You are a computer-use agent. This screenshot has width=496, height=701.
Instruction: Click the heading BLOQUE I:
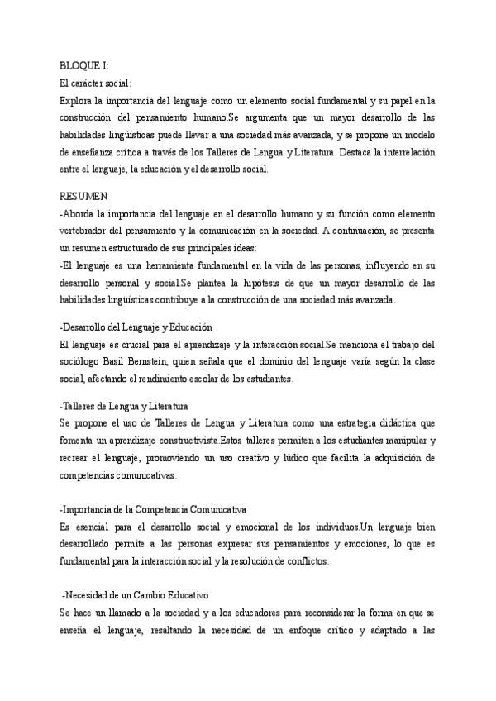pos(84,66)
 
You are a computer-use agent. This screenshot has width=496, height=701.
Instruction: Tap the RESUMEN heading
pos(84,196)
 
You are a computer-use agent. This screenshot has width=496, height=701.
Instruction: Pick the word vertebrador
pos(88,231)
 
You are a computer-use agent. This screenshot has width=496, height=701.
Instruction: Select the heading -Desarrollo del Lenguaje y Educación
pos(137,327)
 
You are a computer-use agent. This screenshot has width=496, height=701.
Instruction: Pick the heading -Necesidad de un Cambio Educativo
pos(136,595)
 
